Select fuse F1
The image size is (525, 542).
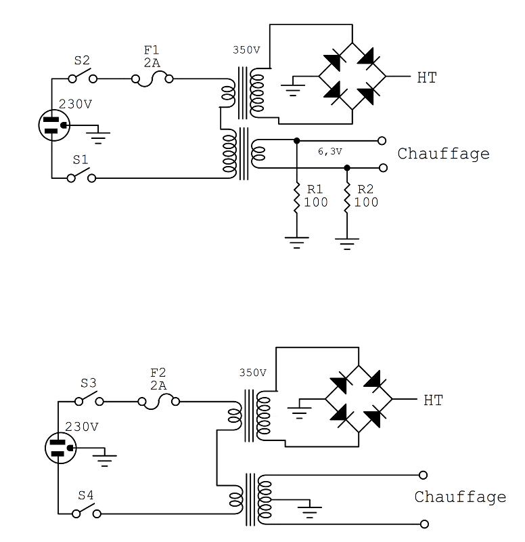[x=152, y=79]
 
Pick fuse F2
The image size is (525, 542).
[x=159, y=402]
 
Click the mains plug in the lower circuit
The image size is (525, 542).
[x=59, y=448]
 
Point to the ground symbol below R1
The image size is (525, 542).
[x=296, y=241]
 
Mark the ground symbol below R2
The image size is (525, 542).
[x=347, y=242]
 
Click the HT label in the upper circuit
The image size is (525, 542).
[x=426, y=79]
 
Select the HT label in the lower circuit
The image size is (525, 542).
[x=432, y=400]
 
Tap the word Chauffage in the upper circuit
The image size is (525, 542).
[x=442, y=154]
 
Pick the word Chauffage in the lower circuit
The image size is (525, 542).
[x=460, y=497]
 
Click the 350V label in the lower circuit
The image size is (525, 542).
[x=252, y=373]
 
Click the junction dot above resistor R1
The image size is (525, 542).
[x=296, y=141]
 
